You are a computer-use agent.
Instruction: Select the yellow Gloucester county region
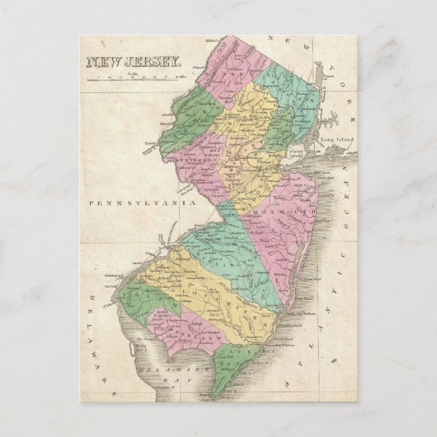click(204, 299)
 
